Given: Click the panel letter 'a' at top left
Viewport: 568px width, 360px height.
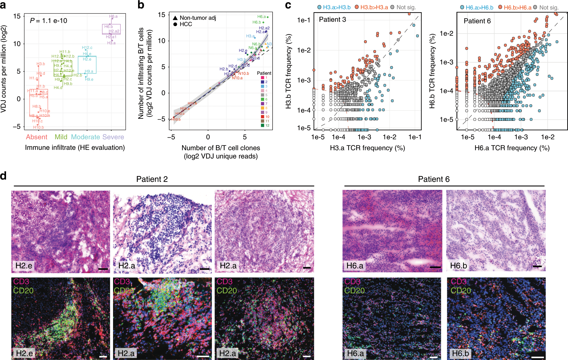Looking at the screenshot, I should point(3,5).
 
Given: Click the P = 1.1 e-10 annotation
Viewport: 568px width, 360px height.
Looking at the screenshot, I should point(48,21).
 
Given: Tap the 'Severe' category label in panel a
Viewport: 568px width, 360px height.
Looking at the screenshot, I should point(113,137).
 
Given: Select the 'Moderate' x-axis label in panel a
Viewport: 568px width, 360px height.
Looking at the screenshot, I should point(85,137).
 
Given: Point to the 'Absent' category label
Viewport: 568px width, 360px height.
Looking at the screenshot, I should point(37,137).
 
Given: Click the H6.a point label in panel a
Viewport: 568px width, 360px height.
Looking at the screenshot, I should point(113,17).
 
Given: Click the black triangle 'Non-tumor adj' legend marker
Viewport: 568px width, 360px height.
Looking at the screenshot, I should point(175,18).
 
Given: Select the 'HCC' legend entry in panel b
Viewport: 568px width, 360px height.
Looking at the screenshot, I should point(186,24).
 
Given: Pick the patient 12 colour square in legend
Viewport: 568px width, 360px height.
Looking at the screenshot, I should point(262,125).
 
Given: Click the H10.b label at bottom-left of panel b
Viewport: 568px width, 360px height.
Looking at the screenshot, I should point(176,119).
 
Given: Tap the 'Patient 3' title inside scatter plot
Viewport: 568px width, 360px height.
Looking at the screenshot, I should point(332,20).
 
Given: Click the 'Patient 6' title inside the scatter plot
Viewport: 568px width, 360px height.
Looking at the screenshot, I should point(477,21).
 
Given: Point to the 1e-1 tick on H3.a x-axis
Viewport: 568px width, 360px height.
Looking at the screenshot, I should point(415,137).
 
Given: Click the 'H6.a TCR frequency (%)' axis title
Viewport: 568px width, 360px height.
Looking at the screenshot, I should point(512,148).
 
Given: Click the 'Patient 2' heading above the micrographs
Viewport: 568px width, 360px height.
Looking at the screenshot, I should point(152,179).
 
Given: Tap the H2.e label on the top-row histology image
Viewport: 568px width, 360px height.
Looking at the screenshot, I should point(24,266).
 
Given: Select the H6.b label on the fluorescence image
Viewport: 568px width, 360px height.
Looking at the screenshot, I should point(460,353).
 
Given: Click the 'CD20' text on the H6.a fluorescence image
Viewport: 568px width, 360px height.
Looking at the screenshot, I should point(355,291).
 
